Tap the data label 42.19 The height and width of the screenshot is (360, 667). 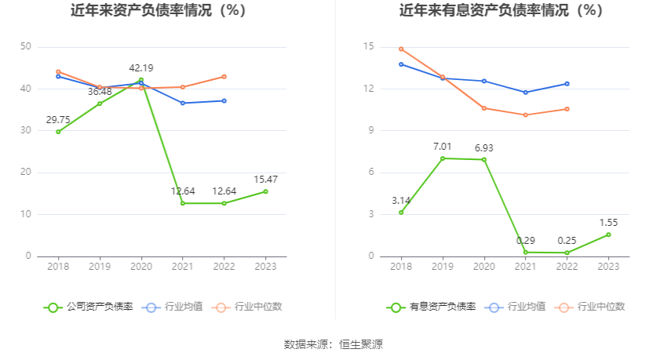click(141, 67)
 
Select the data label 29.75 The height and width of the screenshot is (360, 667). click(58, 119)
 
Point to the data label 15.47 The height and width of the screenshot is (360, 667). click(265, 180)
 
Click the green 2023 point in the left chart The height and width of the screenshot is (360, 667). click(265, 191)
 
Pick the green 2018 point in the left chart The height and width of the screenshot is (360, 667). click(58, 132)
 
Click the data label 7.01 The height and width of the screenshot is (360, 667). click(443, 146)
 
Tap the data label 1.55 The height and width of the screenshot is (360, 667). click(608, 222)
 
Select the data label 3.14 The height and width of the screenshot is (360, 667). click(401, 200)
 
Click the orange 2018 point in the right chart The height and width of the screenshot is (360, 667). click(401, 49)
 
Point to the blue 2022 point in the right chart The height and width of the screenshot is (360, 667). click(567, 84)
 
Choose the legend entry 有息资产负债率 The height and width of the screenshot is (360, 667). click(431, 307)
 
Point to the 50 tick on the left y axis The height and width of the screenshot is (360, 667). click(26, 47)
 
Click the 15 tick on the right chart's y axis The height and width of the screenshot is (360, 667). click(368, 47)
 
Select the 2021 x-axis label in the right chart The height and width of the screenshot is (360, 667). click(525, 267)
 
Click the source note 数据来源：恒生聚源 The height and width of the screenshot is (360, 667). click(333, 344)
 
